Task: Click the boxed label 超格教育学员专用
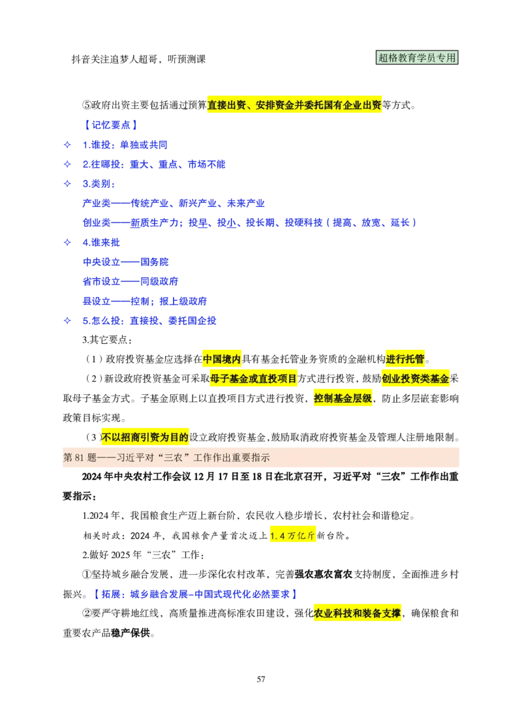[x=417, y=58]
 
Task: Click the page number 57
[x=261, y=679]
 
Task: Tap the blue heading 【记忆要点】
[x=110, y=125]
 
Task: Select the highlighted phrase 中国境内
[x=222, y=359]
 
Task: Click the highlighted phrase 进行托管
[x=405, y=359]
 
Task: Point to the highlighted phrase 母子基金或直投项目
[x=253, y=379]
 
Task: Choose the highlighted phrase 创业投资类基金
[x=416, y=379]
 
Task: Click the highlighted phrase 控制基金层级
[x=343, y=398]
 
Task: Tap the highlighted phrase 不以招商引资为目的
[x=145, y=437]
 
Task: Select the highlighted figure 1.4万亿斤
[x=292, y=536]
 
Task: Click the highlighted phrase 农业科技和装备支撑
[x=358, y=613]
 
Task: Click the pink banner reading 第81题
[x=261, y=457]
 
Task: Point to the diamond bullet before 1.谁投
[x=67, y=145]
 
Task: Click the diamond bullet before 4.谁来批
[x=67, y=242]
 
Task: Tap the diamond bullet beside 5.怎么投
[x=67, y=320]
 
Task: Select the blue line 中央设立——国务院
[x=126, y=262]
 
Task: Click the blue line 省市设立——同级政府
[x=130, y=281]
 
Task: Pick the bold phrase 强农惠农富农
[x=324, y=574]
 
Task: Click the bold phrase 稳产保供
[x=130, y=633]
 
